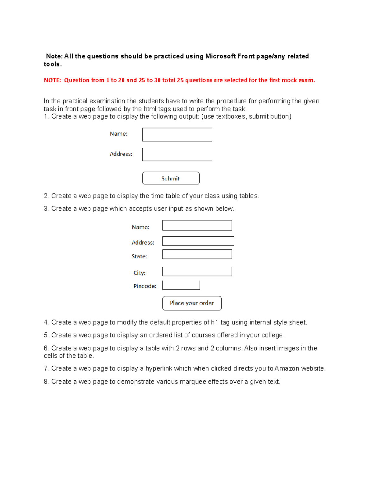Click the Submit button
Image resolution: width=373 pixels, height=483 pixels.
pyautogui.click(x=171, y=178)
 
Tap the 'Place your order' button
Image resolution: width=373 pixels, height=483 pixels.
pyautogui.click(x=192, y=303)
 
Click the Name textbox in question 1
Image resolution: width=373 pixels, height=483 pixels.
pyautogui.click(x=177, y=135)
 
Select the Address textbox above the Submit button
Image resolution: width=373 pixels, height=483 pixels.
pyautogui.click(x=177, y=155)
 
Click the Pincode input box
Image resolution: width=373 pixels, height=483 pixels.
pyautogui.click(x=181, y=285)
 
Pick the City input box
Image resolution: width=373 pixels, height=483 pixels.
pyautogui.click(x=197, y=272)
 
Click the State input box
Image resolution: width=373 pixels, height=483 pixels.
pyautogui.click(x=197, y=254)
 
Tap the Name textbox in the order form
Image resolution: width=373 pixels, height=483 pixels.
pyautogui.click(x=197, y=225)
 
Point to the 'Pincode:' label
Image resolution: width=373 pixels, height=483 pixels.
pyautogui.click(x=145, y=286)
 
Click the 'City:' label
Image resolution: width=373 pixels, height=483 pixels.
pyautogui.click(x=139, y=273)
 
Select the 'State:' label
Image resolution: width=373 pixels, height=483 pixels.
pyautogui.click(x=139, y=257)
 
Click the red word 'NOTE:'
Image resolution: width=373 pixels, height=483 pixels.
pyautogui.click(x=52, y=80)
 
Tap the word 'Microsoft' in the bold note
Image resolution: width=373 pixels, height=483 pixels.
pyautogui.click(x=220, y=56)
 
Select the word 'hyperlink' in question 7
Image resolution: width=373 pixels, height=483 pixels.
pyautogui.click(x=159, y=369)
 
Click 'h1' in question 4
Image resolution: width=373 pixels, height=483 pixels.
pyautogui.click(x=214, y=323)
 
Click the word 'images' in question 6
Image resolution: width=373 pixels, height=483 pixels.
pyautogui.click(x=288, y=348)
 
